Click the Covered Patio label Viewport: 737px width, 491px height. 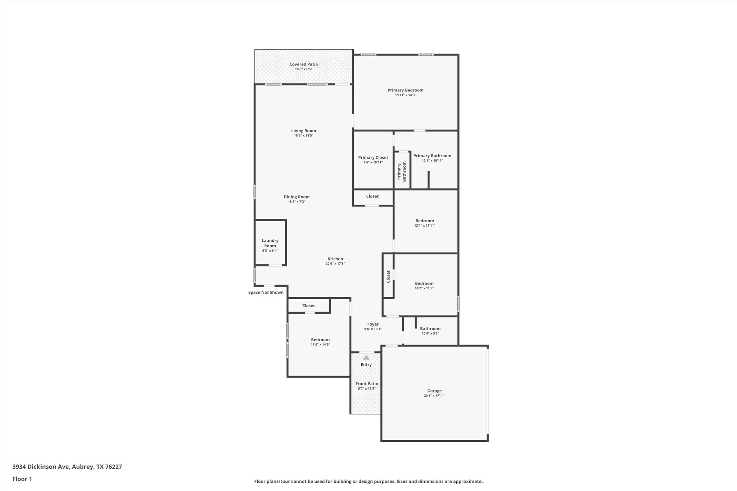coord(303,64)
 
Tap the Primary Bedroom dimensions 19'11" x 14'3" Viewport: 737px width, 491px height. coord(405,95)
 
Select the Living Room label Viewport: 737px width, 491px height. coord(303,131)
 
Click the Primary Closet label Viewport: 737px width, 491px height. coord(373,158)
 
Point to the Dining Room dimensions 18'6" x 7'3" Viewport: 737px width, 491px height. coord(296,202)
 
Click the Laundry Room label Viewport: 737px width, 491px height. coord(270,243)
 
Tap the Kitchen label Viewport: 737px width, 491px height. coord(335,259)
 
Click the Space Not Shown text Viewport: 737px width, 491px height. coord(266,292)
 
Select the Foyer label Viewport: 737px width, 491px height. coord(373,324)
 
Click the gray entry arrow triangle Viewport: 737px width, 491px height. coord(366,358)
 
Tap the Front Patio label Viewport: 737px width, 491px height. coord(367,384)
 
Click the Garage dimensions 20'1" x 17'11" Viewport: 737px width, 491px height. coord(434,396)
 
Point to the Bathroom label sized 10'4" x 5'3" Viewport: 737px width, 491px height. coord(430,329)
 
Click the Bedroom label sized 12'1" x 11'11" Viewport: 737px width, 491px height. coord(425,221)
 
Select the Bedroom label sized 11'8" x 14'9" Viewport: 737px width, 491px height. coord(320,340)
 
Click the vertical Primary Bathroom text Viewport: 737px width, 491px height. coord(401,171)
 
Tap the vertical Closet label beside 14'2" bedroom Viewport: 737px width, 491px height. coord(388,277)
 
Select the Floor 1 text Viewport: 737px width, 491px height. coord(22,479)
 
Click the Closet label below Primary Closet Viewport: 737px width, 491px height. coord(372,196)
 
